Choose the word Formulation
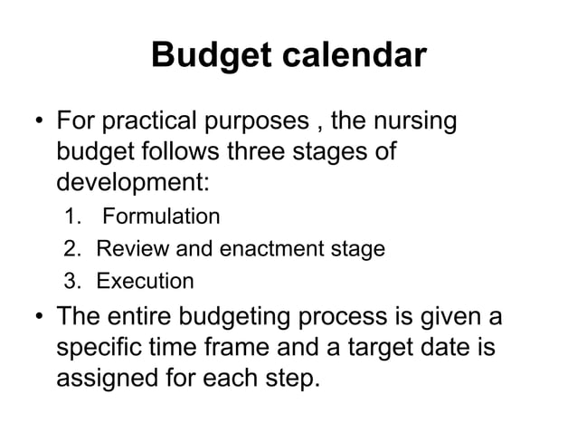click(160, 216)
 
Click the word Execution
click(145, 281)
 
